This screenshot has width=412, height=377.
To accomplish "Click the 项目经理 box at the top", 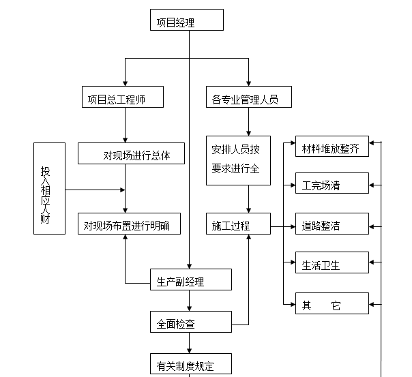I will [187, 20].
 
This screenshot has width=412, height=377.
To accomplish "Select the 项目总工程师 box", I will [123, 97].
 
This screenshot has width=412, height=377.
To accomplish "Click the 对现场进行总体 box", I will [132, 153].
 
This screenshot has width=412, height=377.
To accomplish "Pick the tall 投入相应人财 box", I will [49, 188].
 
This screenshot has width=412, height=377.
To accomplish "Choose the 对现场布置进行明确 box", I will [128, 224].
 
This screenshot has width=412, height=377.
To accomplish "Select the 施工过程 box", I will [239, 224].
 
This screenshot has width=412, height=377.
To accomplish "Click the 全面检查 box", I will [186, 322].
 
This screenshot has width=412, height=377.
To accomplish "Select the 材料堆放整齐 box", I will [332, 147].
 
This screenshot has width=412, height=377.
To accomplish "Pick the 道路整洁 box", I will [332, 224].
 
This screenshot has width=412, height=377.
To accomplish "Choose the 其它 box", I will [332, 303].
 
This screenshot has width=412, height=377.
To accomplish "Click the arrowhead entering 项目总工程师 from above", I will [125, 82].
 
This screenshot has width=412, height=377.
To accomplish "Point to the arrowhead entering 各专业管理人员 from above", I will [248, 82].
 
